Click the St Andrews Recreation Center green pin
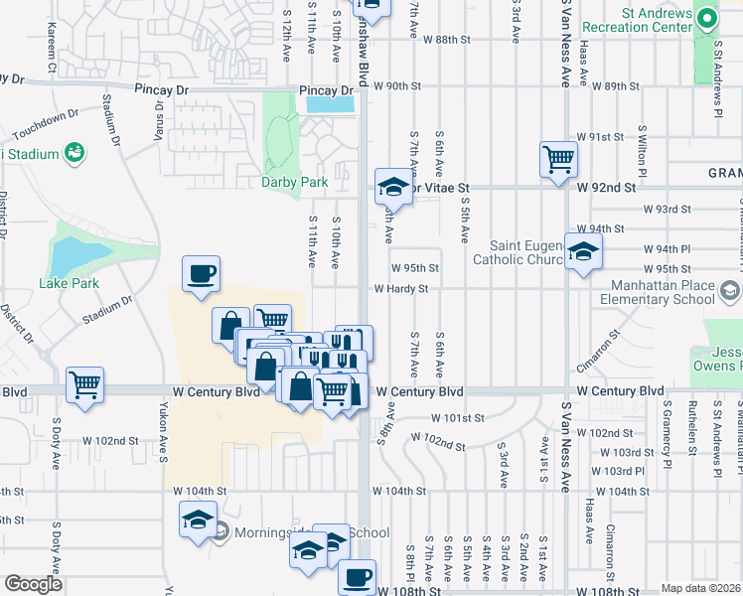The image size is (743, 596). [706, 19]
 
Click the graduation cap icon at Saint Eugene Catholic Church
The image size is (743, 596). [583, 250]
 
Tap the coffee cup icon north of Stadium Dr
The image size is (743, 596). [200, 273]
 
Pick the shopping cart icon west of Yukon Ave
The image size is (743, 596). [84, 383]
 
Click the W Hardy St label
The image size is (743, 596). [400, 289]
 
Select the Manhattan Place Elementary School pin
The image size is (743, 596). [731, 291]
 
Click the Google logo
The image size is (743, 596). [33, 585]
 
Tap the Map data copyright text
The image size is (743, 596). [701, 588]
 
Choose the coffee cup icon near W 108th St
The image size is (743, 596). [357, 576]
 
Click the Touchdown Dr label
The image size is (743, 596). [47, 118]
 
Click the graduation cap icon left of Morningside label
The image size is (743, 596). [198, 520]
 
